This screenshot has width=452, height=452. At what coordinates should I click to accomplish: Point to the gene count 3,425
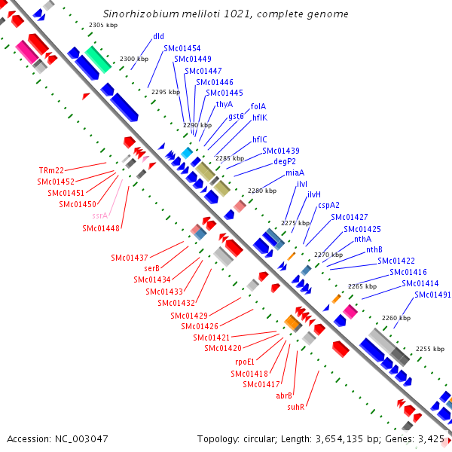point(430,438)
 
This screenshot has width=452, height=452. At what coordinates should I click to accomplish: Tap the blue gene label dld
point(158,36)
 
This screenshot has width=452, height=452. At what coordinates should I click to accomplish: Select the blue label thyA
point(224,104)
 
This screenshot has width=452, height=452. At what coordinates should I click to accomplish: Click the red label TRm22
point(51,170)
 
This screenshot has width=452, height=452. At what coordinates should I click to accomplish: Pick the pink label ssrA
point(99,215)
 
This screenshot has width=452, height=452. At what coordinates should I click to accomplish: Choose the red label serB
point(151,268)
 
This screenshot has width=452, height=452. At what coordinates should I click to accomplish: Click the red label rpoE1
point(246,362)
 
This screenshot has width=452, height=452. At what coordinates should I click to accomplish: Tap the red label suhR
point(295,407)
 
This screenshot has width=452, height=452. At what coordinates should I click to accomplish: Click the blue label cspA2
point(328,205)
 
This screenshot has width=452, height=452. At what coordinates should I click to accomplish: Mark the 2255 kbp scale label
point(430,349)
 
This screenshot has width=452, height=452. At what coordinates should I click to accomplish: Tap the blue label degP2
point(285,161)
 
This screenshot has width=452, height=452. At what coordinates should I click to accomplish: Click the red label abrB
point(284,395)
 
